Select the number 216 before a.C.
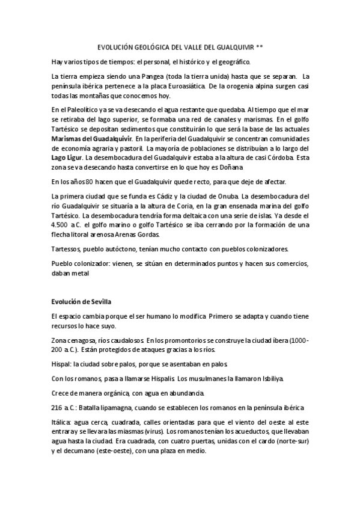point(58,407)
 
